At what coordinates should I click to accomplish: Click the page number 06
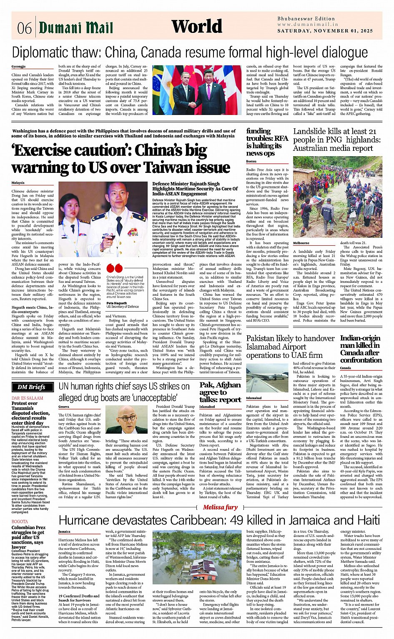(x=24, y=28)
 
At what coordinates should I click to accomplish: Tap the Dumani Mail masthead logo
(x=76, y=28)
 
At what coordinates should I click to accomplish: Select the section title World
(x=197, y=26)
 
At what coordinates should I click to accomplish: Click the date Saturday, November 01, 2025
(x=325, y=31)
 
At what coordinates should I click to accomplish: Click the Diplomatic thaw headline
(x=190, y=52)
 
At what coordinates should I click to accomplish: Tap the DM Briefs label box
(x=31, y=387)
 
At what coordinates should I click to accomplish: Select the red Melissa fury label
(x=220, y=507)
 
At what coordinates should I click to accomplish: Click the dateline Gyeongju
(x=18, y=67)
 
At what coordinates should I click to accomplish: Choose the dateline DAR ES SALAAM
(x=27, y=398)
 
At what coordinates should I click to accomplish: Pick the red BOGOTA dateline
(x=20, y=522)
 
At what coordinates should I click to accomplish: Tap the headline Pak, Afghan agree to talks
(x=220, y=392)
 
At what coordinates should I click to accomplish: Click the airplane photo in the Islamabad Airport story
(x=267, y=378)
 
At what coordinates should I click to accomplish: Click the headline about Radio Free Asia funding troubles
(x=267, y=142)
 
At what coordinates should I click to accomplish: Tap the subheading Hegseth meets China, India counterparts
(x=33, y=310)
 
